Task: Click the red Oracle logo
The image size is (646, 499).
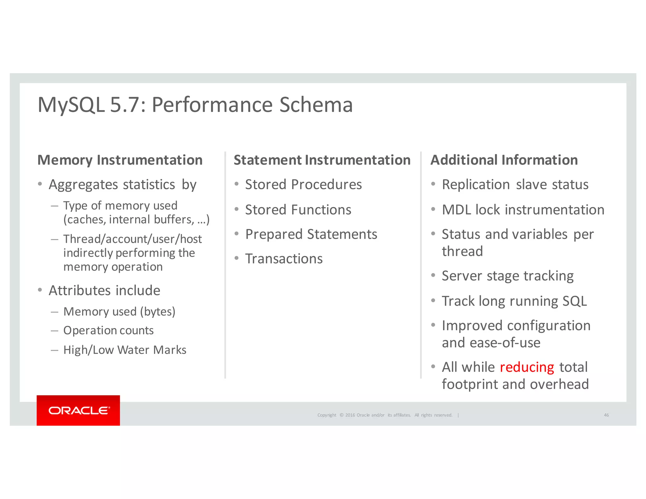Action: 78,410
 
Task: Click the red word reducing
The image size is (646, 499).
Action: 527,367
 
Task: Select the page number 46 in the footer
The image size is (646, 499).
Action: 606,415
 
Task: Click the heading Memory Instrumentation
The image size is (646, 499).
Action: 120,160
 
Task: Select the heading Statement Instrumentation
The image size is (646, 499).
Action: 322,160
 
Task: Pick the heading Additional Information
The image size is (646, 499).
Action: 504,160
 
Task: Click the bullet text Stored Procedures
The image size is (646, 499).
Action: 303,185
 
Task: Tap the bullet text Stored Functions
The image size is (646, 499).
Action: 298,210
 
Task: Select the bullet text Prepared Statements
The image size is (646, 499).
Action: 311,234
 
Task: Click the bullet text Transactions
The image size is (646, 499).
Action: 284,259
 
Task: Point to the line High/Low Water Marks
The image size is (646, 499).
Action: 125,350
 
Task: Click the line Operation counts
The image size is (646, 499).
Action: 108,331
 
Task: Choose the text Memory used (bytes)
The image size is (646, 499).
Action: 119,312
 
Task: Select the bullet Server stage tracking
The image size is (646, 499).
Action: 507,276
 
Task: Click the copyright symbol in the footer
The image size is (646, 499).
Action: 341,415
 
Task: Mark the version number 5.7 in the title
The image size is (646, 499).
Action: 125,105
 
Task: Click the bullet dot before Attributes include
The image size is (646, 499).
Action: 40,290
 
